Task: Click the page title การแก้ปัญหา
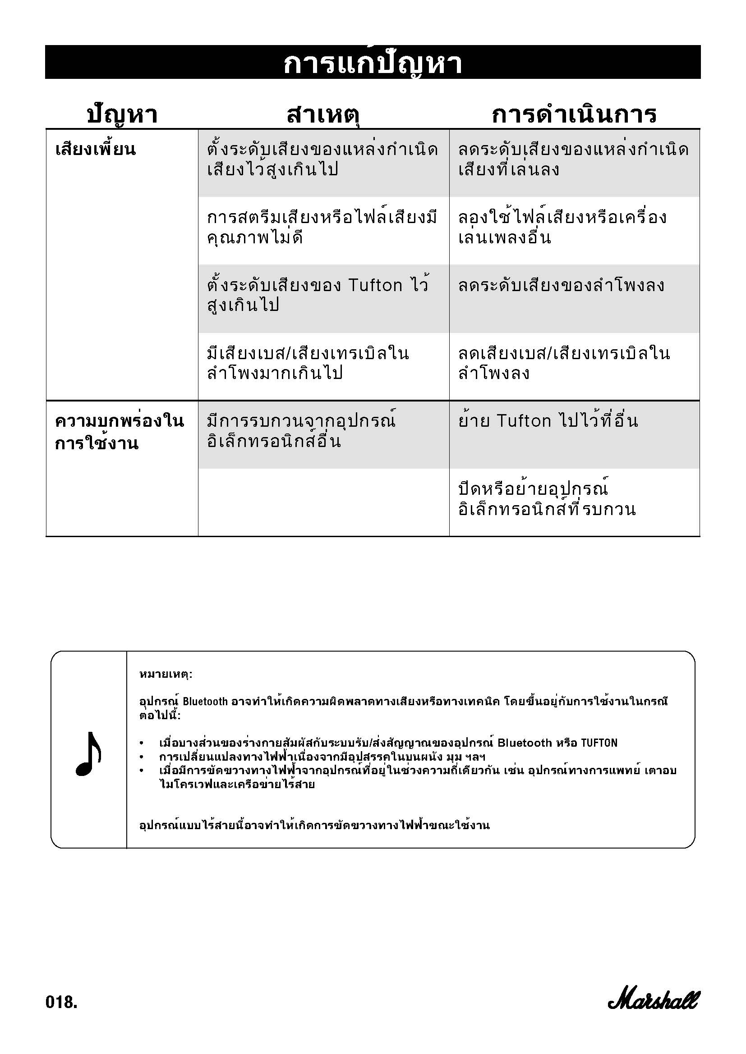click(373, 64)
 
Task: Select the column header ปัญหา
click(122, 115)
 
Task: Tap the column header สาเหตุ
click(323, 115)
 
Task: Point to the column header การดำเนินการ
click(574, 115)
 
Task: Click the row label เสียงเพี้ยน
click(96, 150)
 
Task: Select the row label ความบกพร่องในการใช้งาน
click(119, 432)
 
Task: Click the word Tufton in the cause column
click(375, 286)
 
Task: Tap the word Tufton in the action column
click(524, 421)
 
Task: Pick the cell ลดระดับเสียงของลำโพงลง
click(561, 286)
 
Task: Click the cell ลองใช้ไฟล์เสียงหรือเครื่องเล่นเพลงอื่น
click(562, 227)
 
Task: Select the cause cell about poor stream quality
click(322, 227)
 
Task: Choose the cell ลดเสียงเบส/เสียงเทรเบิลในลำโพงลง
click(564, 363)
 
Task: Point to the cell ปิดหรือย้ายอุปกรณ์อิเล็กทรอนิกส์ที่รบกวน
click(547, 499)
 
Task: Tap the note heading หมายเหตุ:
click(166, 675)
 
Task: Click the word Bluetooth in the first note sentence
click(205, 702)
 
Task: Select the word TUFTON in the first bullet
click(599, 743)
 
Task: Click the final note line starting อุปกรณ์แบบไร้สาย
click(314, 826)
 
